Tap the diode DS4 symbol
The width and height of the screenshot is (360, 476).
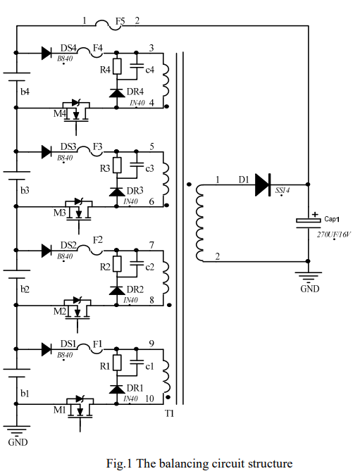click(46, 53)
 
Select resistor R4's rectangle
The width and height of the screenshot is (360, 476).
click(117, 66)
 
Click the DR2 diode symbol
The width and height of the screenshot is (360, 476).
click(117, 291)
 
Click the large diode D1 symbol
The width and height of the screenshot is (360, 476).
click(263, 184)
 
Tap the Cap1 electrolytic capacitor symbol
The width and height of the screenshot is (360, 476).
click(309, 223)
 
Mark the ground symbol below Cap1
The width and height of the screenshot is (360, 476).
click(308, 277)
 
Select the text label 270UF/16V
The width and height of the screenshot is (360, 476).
click(333, 234)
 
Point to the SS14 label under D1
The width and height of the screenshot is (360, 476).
click(283, 190)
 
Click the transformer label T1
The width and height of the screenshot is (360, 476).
click(169, 413)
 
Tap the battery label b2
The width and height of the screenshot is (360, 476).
click(25, 289)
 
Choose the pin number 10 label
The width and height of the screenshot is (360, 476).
click(149, 399)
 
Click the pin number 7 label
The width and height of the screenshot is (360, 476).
click(151, 244)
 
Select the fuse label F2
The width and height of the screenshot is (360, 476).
click(98, 240)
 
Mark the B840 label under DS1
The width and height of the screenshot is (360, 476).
click(65, 355)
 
